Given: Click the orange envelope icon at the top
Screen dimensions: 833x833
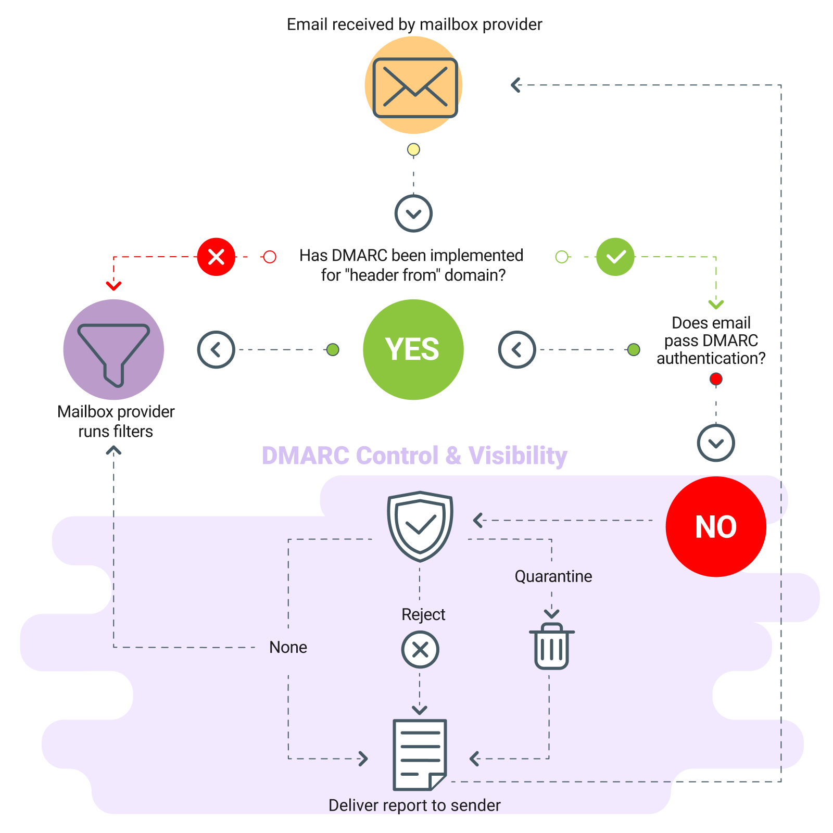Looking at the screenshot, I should coord(414,86).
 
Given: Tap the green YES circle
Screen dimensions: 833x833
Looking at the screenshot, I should coord(413,349).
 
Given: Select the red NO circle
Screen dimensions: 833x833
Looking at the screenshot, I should coord(716,526).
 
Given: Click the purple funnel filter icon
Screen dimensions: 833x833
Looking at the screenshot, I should coord(113,349).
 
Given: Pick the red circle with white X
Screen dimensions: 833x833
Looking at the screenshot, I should coord(216,257).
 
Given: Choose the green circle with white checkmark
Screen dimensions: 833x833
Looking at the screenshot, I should coord(615,257).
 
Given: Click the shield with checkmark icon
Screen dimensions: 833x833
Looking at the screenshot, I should coord(420,526).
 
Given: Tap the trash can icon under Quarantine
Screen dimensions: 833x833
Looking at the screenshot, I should coord(552,646).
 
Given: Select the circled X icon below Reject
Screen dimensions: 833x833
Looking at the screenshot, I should coord(420,650).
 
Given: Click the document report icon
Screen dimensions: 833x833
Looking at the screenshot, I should coord(420,754).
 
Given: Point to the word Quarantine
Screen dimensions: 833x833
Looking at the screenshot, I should coord(553,576).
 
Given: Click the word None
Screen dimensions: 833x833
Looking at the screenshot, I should coord(288,647).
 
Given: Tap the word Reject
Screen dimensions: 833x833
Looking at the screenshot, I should coord(423,614).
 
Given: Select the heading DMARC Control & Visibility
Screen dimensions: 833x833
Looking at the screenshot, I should coord(414,456).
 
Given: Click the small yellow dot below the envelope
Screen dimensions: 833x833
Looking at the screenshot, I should coord(413,150).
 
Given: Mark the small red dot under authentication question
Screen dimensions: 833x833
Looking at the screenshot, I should coord(716,379).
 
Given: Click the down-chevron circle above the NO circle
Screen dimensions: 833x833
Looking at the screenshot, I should coord(716,443).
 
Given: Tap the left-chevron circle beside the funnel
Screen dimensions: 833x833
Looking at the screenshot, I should coord(216,349).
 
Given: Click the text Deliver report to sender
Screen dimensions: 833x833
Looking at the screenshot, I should coord(414,805).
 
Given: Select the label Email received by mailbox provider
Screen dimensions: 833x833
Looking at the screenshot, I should coord(414,24).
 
